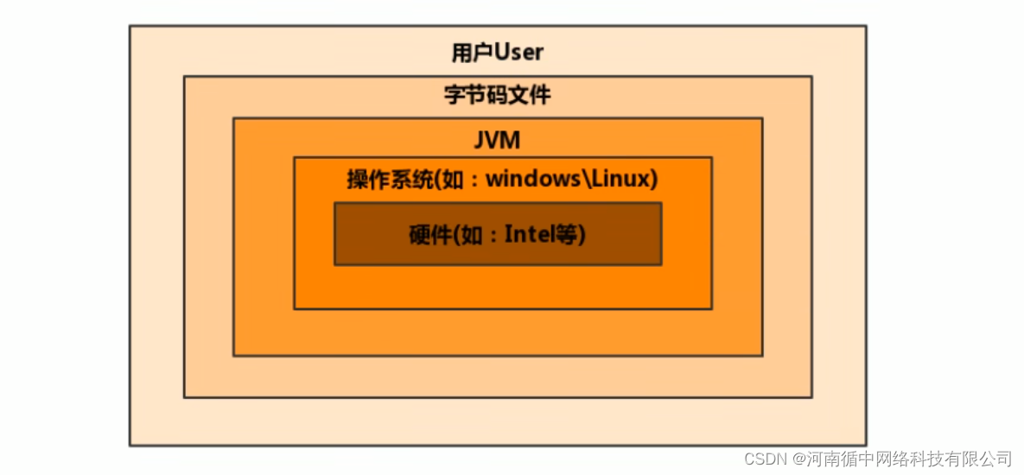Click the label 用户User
point(498,53)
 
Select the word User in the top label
point(518,53)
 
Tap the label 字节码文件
point(498,96)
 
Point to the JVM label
point(497,140)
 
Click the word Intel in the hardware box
point(532,234)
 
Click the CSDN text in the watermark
point(761,457)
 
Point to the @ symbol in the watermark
point(799,457)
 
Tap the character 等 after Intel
point(569,234)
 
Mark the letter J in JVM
point(480,140)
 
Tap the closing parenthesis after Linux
point(653,180)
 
